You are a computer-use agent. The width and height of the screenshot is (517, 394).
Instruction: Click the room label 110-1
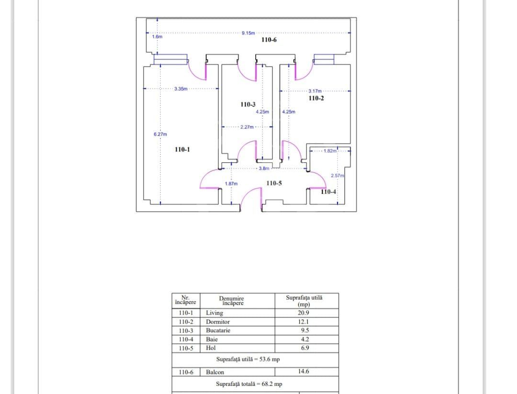(x=182, y=149)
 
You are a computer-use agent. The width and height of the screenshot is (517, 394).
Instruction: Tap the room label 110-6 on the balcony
(x=269, y=40)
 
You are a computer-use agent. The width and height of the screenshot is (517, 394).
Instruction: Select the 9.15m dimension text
(x=248, y=33)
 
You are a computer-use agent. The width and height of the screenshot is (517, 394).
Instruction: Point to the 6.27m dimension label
(x=160, y=134)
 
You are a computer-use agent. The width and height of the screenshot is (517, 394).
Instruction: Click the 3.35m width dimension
(x=180, y=89)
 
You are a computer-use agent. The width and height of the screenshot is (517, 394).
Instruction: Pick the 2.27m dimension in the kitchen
(x=247, y=127)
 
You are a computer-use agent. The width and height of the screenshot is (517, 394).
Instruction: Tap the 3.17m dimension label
(x=315, y=91)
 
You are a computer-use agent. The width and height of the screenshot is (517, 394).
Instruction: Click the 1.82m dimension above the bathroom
(x=330, y=151)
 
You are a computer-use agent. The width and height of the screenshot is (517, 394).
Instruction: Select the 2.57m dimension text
(x=337, y=176)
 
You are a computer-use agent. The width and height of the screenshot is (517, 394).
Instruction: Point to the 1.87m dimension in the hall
(x=231, y=184)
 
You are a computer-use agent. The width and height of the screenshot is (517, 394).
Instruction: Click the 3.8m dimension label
(x=264, y=169)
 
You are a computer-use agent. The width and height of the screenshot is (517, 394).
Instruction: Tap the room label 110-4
(x=328, y=192)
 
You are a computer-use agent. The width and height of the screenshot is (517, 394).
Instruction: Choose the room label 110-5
(x=274, y=183)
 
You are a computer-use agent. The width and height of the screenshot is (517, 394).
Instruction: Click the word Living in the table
(x=214, y=313)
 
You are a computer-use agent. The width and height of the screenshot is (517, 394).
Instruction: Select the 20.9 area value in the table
(x=303, y=313)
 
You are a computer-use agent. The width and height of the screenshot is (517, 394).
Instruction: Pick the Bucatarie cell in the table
(x=218, y=330)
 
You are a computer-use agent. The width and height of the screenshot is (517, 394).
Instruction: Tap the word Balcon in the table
(x=215, y=372)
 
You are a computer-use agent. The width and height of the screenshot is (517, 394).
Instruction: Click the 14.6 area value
(x=303, y=371)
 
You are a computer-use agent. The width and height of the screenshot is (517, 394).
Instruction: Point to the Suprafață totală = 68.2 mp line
(x=249, y=384)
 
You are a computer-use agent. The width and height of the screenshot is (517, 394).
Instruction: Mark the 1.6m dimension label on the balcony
(x=157, y=36)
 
